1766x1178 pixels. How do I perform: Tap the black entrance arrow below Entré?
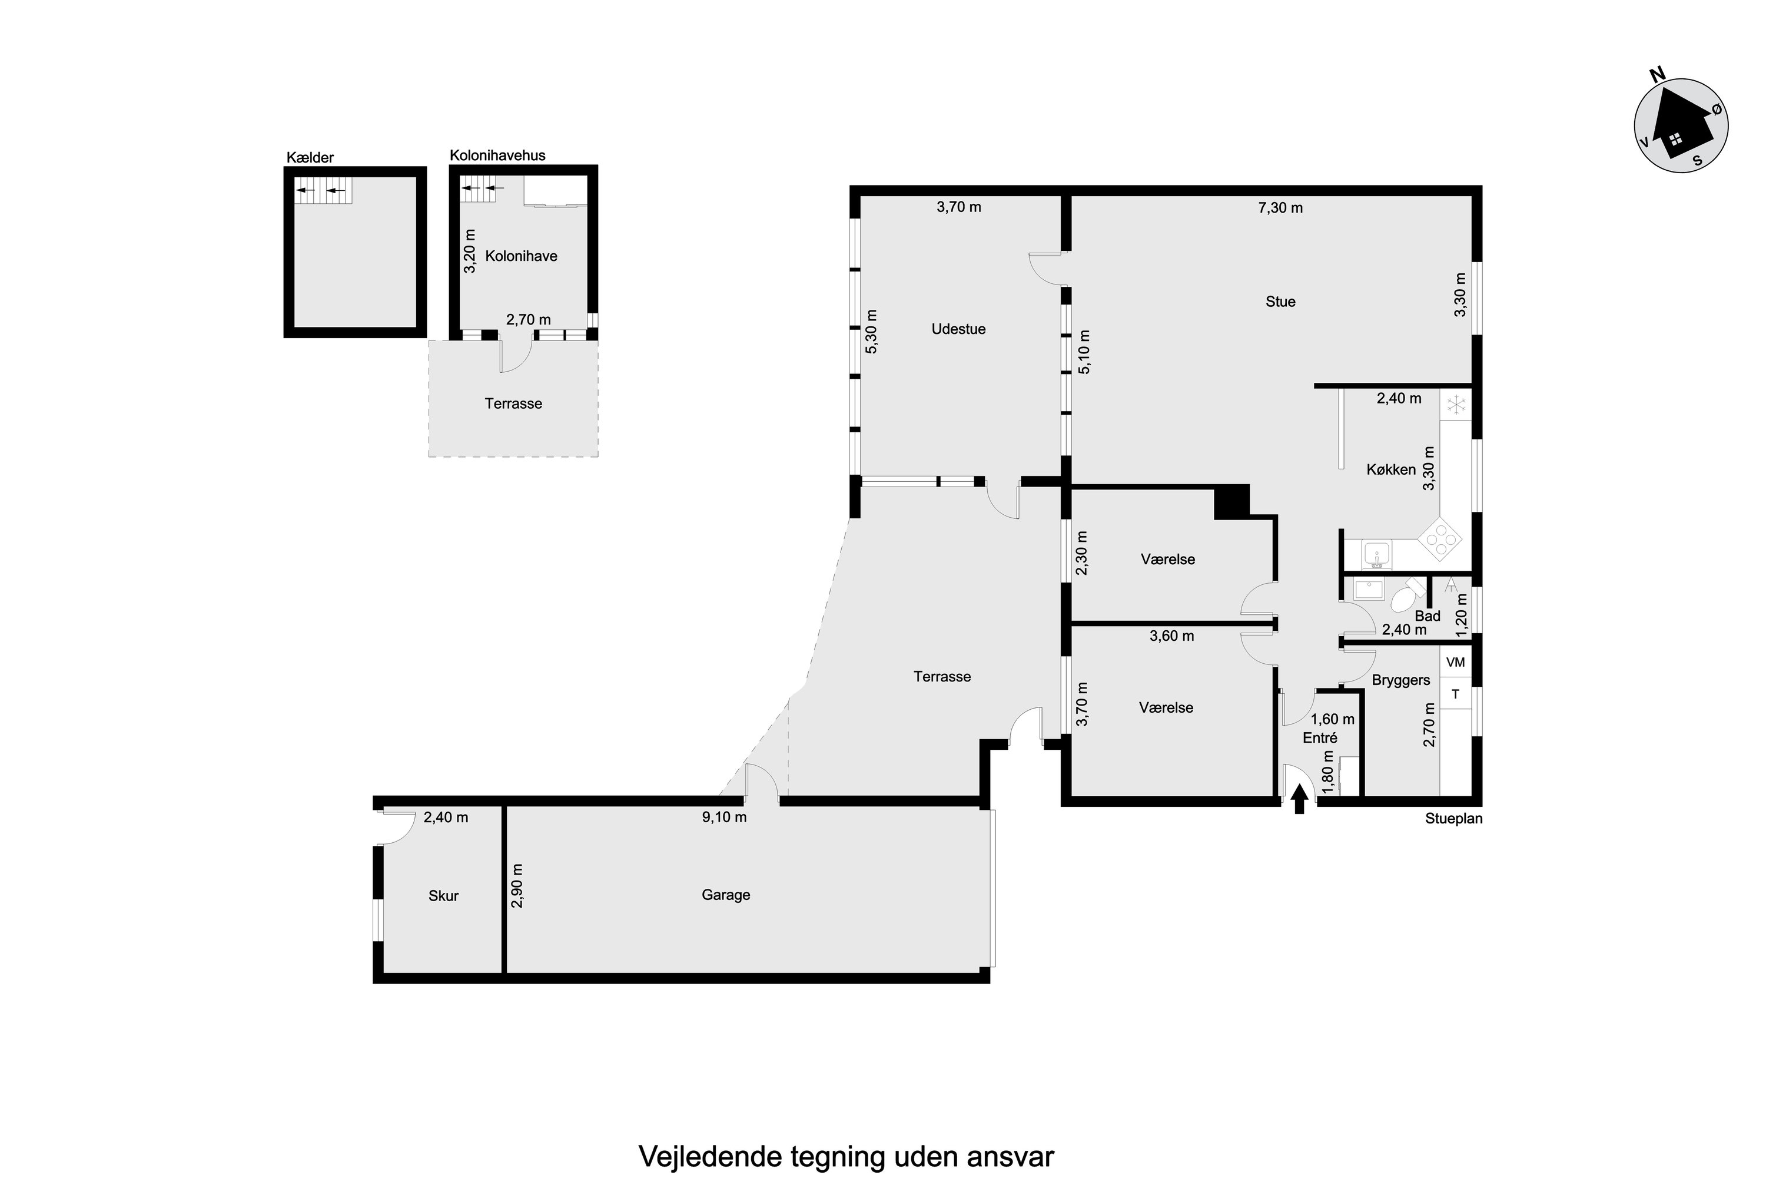[1300, 803]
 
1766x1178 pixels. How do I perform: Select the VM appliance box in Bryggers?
[1455, 663]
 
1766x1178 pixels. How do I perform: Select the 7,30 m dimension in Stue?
[1280, 207]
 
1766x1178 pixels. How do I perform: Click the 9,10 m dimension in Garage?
[724, 816]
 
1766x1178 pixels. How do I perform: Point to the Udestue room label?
[958, 329]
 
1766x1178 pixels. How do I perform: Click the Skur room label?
[443, 895]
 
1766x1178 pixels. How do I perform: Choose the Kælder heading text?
[310, 158]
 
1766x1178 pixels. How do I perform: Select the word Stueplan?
[1453, 819]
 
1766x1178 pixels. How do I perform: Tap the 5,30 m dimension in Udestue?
[872, 332]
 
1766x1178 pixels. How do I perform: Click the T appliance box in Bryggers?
[1455, 694]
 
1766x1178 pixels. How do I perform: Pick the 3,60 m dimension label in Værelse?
[1171, 636]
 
